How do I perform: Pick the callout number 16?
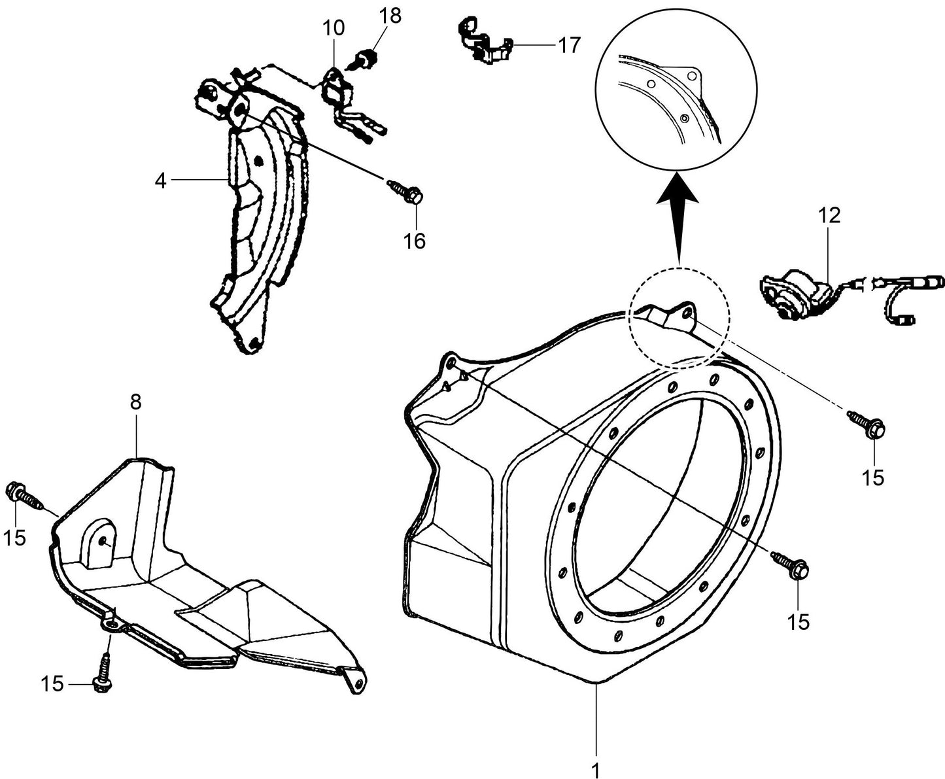[414, 241]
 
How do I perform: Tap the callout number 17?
[568, 45]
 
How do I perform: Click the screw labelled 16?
[406, 191]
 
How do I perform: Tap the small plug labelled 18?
[368, 59]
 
